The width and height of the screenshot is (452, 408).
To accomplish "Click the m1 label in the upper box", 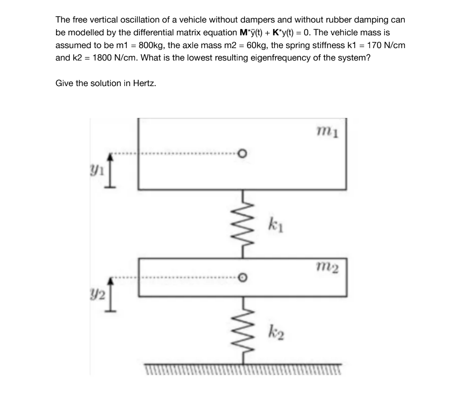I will pyautogui.click(x=328, y=131).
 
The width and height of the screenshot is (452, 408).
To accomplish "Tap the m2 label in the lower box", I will pyautogui.click(x=328, y=267).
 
